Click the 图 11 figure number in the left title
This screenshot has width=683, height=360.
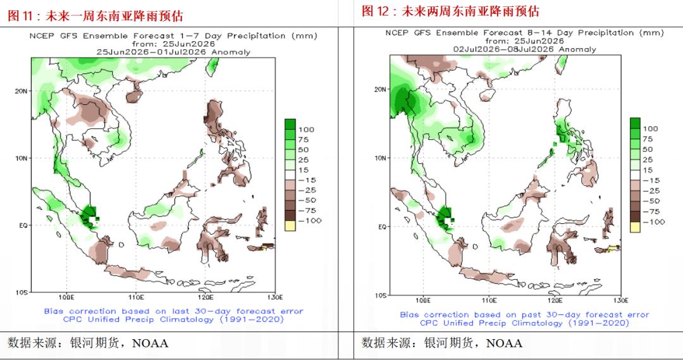pos(20,16)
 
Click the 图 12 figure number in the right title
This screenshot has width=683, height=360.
pos(375,11)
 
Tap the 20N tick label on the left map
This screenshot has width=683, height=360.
pos(21,91)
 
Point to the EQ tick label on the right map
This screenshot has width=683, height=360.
pos(381,227)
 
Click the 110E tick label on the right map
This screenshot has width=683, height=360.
pos(489,301)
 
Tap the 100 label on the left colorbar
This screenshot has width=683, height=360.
pos(306,130)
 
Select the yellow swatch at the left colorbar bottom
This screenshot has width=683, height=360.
pos(290,226)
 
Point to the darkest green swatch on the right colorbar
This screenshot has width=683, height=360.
pos(635,123)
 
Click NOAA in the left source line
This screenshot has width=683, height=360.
pos(150,344)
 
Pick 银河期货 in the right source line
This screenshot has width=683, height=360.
pos(448,344)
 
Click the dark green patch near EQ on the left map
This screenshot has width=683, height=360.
pos(90,213)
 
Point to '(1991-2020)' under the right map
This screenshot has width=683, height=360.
pos(598,323)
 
